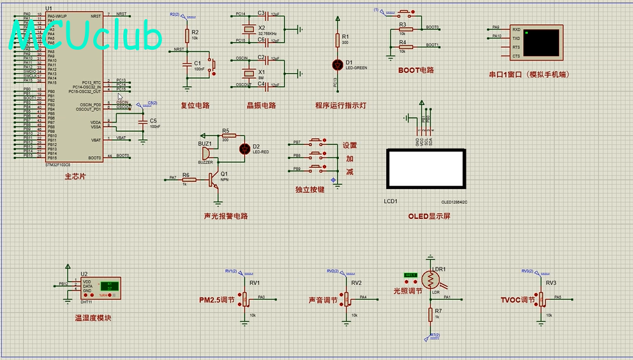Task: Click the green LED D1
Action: click(x=338, y=64)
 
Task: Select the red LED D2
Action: click(x=244, y=149)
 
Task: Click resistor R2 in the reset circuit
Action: click(x=187, y=36)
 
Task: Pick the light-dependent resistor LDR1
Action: click(x=431, y=279)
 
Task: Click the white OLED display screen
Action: click(x=426, y=169)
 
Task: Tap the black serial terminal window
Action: click(x=540, y=43)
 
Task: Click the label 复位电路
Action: click(x=195, y=106)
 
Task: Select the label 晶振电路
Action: click(x=261, y=106)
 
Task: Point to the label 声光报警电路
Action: click(x=225, y=216)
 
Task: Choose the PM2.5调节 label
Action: click(x=217, y=300)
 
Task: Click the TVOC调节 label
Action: click(x=518, y=300)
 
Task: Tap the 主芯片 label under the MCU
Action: click(x=75, y=176)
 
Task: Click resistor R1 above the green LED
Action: click(x=338, y=40)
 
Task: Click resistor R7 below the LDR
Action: click(x=429, y=314)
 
